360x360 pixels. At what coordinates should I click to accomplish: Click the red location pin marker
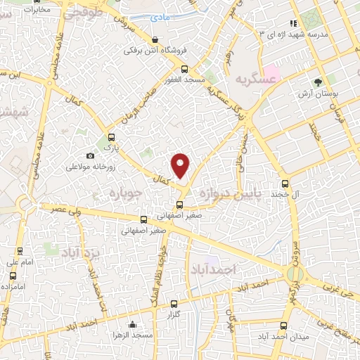181,165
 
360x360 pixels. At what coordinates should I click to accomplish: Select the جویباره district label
127,192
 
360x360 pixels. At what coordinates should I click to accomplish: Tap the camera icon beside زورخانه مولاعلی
90,155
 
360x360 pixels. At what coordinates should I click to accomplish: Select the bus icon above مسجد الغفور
185,69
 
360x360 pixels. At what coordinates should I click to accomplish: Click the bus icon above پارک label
111,137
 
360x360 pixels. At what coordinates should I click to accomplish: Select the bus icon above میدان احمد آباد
283,326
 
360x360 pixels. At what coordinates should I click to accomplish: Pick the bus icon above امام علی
20,250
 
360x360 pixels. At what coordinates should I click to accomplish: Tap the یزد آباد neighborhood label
85,252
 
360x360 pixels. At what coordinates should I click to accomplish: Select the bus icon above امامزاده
11,276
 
